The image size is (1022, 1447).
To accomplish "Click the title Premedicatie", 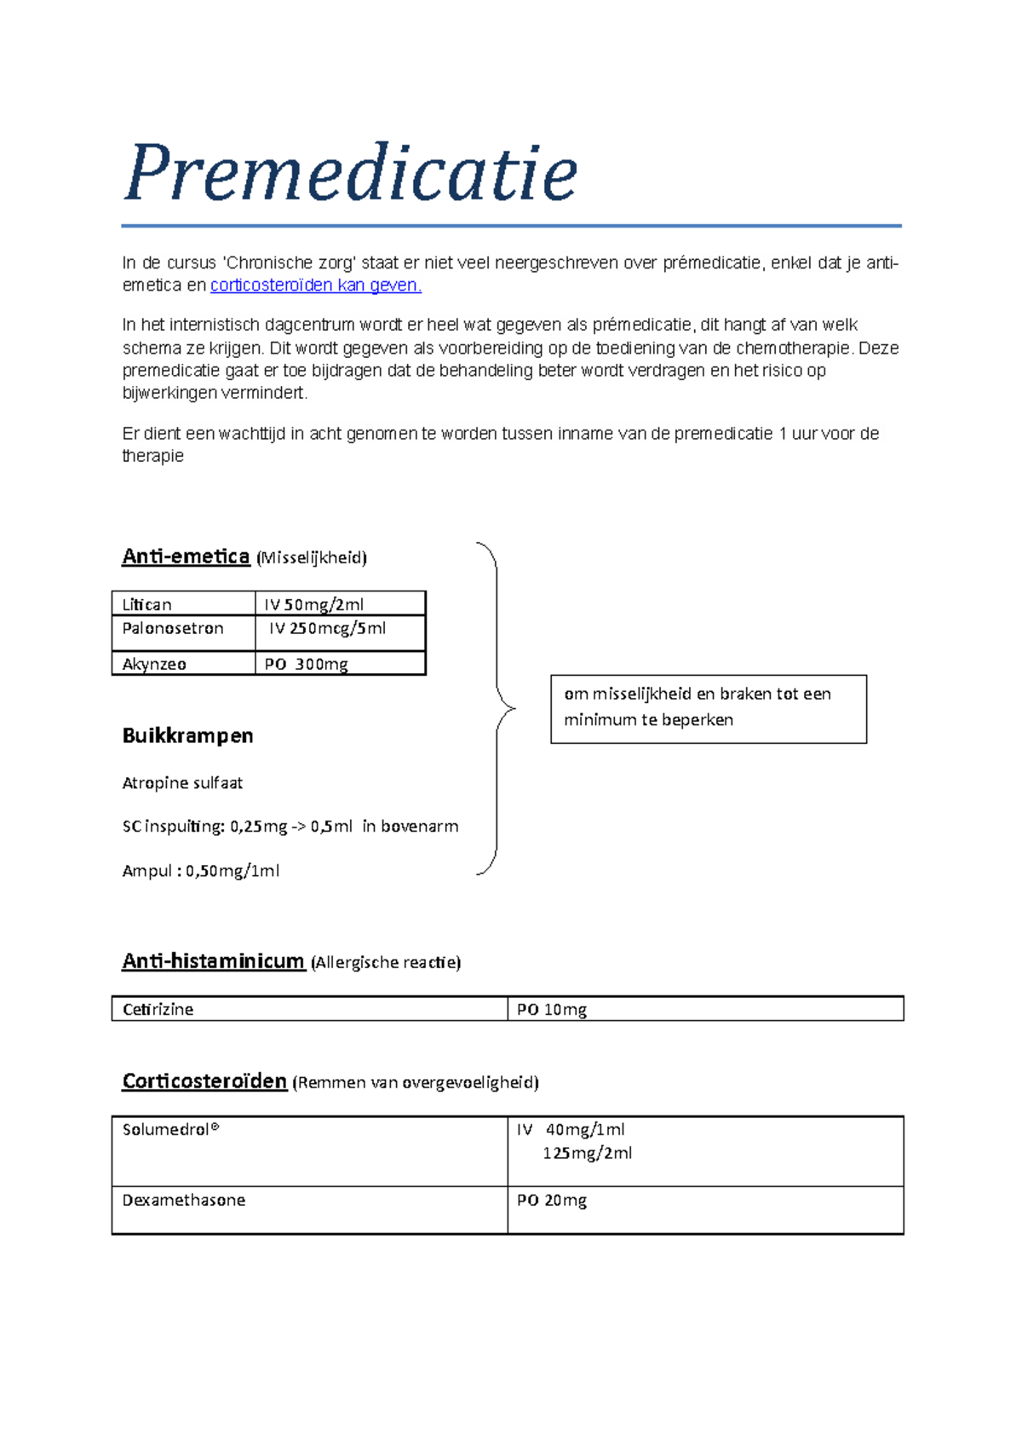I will point(350,173).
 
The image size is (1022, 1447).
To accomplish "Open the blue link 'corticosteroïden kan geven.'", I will point(315,285).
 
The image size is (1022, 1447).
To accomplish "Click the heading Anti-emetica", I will point(186,556).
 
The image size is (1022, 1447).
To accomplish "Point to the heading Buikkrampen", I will point(187,735).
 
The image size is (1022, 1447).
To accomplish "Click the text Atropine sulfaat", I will point(182,782).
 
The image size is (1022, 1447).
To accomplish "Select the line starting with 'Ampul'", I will point(201,871).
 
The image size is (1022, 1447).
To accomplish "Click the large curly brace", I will point(496,707).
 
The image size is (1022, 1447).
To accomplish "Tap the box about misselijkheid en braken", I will point(708,708).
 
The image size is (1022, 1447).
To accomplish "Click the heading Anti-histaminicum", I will point(213,961).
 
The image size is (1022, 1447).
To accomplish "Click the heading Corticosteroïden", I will point(204,1081).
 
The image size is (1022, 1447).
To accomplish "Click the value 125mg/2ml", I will point(588,1153).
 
